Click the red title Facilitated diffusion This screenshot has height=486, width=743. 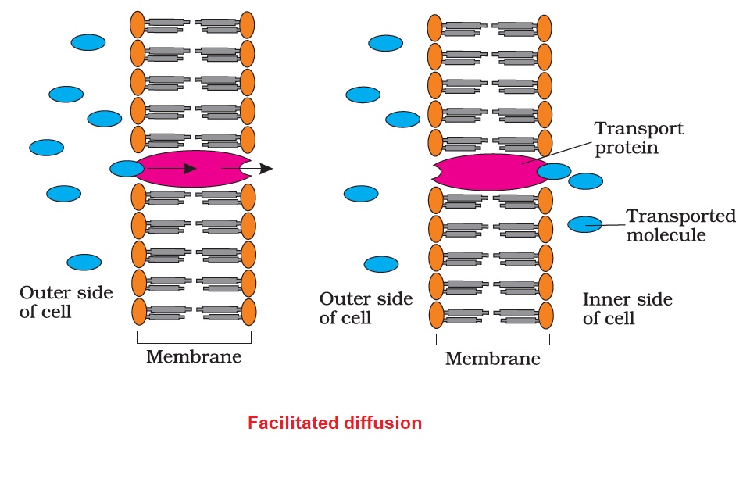pos(334,423)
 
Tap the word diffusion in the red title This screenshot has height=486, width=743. pos(378,423)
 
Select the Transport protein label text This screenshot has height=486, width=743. pos(638,138)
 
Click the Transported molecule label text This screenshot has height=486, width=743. pos(681,225)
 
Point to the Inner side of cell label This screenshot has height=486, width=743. pos(627,309)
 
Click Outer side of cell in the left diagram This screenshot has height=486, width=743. pos(66,302)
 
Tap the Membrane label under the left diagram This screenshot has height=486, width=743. pos(194,357)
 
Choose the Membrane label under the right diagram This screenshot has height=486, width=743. pos(492,359)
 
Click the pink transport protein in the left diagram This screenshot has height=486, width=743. pos(191,168)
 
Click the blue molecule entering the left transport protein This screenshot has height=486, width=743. pos(127,168)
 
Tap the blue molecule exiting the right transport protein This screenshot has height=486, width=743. pos(554,171)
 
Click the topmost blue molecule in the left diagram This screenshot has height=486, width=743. pos(88,43)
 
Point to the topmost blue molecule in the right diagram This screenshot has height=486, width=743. pos(385,43)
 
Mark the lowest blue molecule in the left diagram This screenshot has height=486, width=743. pos(84,262)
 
